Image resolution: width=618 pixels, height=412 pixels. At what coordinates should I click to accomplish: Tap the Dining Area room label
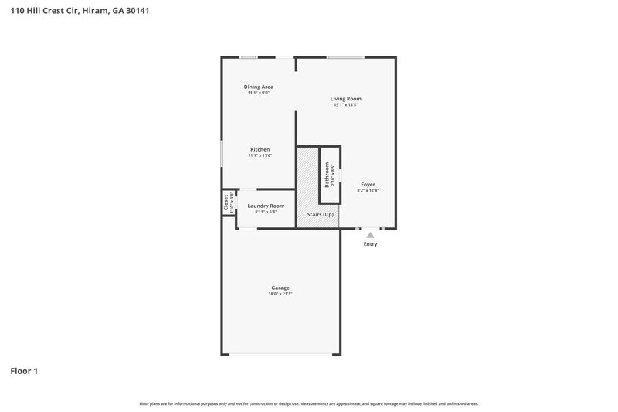point(259,87)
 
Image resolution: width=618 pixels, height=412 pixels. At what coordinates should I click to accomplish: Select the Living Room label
point(346,99)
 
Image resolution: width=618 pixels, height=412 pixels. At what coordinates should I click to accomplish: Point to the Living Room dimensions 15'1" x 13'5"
point(346,105)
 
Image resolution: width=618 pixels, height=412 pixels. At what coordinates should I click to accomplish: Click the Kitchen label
point(260,149)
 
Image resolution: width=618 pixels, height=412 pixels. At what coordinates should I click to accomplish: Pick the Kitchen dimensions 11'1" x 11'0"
point(260,155)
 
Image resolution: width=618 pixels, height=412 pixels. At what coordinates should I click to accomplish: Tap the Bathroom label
point(327,175)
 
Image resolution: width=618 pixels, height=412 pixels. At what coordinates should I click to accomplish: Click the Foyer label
point(368,185)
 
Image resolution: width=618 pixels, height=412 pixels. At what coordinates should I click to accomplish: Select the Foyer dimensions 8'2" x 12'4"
point(368,191)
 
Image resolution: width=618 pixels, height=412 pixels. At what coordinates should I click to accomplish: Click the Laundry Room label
point(266,206)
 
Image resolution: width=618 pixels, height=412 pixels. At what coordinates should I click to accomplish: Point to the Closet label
point(226,203)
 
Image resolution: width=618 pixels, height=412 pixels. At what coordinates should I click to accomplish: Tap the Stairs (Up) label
point(319,214)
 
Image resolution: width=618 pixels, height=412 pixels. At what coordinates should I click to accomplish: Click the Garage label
point(280,288)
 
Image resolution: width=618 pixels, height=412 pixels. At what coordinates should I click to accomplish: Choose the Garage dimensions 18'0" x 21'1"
point(280,294)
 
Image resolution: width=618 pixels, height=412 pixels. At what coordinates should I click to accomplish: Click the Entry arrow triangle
point(370,235)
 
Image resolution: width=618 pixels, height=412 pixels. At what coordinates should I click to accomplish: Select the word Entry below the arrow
point(371,244)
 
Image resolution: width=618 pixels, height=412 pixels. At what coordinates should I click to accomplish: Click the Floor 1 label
point(24,371)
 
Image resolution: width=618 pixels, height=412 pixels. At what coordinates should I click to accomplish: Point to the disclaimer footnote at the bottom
point(309,403)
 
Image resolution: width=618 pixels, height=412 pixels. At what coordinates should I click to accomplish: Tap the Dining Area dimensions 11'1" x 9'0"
point(259,93)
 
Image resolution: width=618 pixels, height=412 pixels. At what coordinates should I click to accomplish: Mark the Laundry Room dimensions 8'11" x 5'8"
point(266,212)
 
